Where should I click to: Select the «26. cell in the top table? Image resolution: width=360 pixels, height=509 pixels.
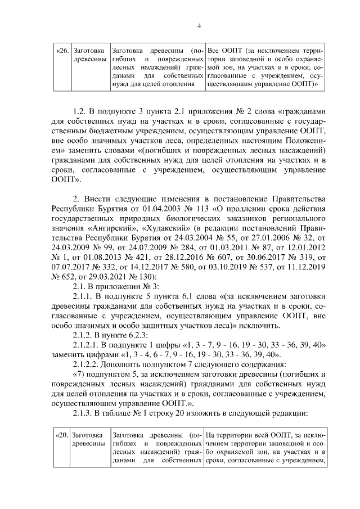[62, 51]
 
